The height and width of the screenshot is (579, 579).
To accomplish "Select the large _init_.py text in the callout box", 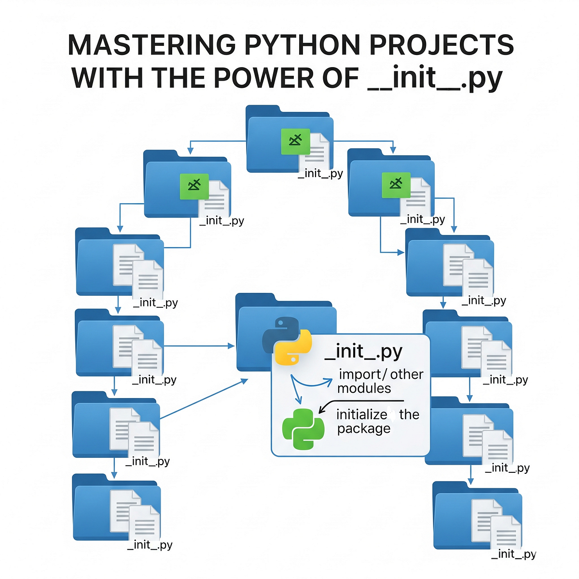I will tap(363, 351).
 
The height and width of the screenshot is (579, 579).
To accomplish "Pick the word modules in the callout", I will tap(364, 388).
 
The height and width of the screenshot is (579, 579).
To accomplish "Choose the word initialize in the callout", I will tap(361, 414).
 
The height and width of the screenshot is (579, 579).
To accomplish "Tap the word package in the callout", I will tap(363, 428).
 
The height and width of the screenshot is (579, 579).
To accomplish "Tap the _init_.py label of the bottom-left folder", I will tap(150, 545).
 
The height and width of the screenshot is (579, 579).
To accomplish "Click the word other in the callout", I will tap(406, 374).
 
